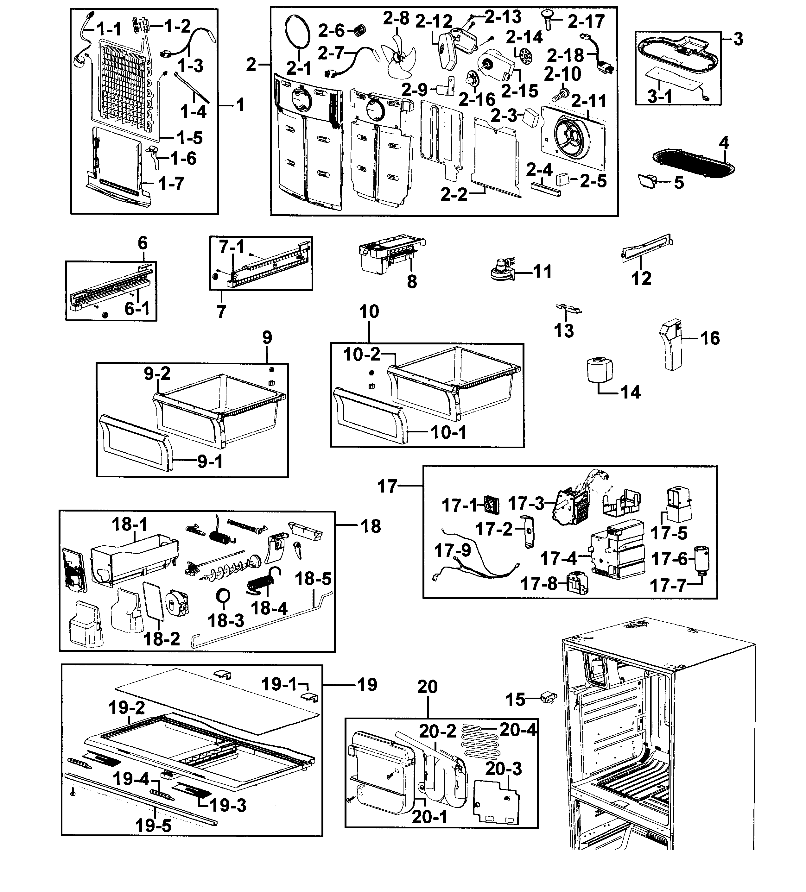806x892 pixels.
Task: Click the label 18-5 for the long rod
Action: (x=313, y=579)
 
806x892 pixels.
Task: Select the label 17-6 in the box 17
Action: (x=669, y=559)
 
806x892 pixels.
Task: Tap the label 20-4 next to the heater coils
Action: (x=517, y=730)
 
